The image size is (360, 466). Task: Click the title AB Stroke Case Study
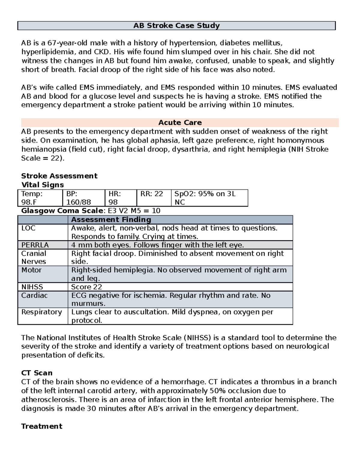click(176, 26)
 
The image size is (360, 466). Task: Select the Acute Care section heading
click(180, 122)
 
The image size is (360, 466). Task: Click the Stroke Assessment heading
click(59, 176)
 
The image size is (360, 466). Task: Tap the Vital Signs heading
click(42, 185)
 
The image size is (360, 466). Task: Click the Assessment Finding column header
click(111, 220)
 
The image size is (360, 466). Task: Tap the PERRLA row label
click(35, 245)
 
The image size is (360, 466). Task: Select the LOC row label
click(28, 228)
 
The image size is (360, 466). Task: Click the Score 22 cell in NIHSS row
click(86, 287)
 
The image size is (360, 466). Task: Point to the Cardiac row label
click(34, 296)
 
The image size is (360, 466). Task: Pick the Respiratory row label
click(41, 312)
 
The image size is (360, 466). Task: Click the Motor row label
click(31, 270)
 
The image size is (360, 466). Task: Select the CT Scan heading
click(37, 373)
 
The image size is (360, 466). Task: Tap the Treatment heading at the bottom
click(42, 426)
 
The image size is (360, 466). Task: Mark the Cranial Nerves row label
click(34, 257)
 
